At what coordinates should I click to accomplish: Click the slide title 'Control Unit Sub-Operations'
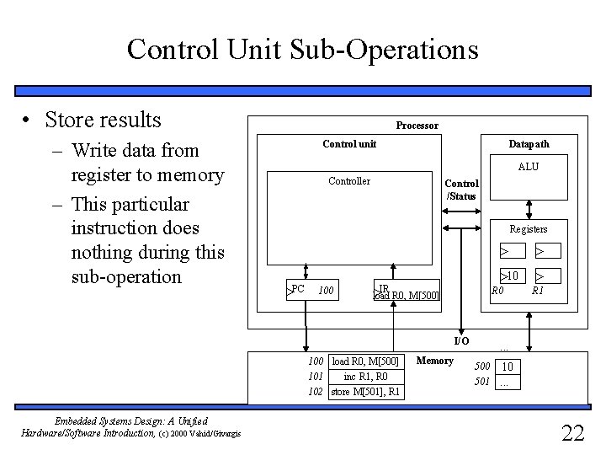click(302, 49)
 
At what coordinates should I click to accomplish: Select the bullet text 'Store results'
click(104, 120)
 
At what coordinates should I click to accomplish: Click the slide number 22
click(572, 433)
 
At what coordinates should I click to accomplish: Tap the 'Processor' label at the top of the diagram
click(417, 126)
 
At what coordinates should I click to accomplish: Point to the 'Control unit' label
click(349, 144)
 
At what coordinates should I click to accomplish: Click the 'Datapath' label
click(529, 144)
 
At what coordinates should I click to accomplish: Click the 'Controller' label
click(348, 180)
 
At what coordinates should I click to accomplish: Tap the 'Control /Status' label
click(461, 190)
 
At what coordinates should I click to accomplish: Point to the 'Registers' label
click(528, 228)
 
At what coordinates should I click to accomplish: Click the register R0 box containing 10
click(509, 275)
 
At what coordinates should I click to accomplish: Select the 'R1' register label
click(538, 291)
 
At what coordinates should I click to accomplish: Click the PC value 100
click(327, 292)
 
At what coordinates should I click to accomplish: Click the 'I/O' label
click(461, 340)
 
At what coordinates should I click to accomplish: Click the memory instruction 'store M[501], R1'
click(365, 392)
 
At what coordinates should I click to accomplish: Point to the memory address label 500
click(481, 367)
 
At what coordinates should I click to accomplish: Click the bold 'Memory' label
click(434, 361)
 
